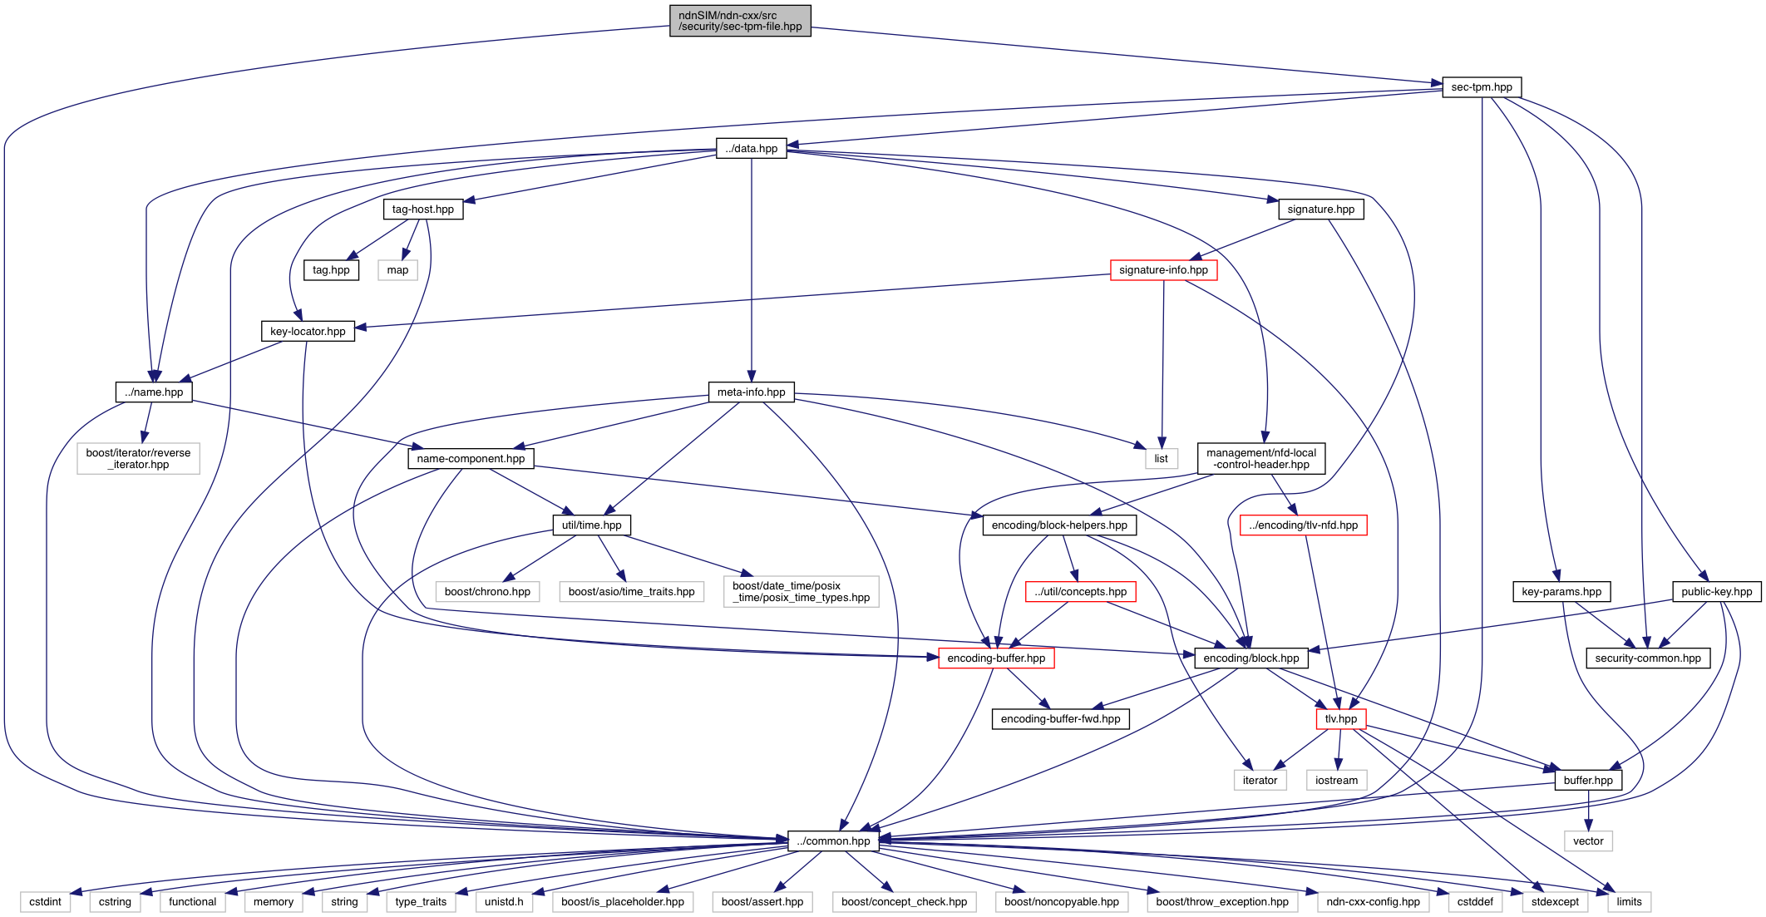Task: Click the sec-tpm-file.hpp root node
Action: [x=740, y=21]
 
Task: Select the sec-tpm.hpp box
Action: [x=1481, y=87]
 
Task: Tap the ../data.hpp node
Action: [x=751, y=149]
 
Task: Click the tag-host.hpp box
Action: [x=422, y=210]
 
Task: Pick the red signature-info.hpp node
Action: [x=1163, y=270]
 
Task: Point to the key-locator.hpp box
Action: [x=308, y=332]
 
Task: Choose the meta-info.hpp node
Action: [x=751, y=392]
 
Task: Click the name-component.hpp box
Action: [x=471, y=459]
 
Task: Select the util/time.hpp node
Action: [x=591, y=525]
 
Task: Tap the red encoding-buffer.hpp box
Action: [x=996, y=658]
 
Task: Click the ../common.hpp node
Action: [x=833, y=841]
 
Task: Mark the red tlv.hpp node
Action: [x=1340, y=719]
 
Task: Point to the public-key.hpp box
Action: [x=1716, y=592]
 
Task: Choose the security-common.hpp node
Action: [x=1648, y=658]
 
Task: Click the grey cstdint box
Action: [x=45, y=902]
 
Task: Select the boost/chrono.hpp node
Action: [x=487, y=592]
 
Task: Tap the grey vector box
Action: [x=1588, y=841]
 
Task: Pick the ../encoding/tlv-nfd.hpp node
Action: [x=1303, y=525]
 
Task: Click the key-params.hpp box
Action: [x=1561, y=592]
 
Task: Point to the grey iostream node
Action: [x=1336, y=781]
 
